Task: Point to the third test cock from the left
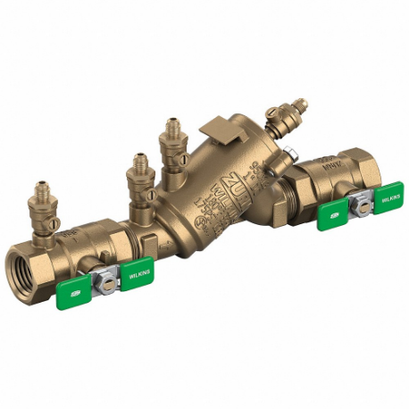pyautogui.click(x=170, y=142)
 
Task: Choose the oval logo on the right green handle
pyautogui.click(x=330, y=215)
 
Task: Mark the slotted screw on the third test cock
pyautogui.click(x=182, y=159)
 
